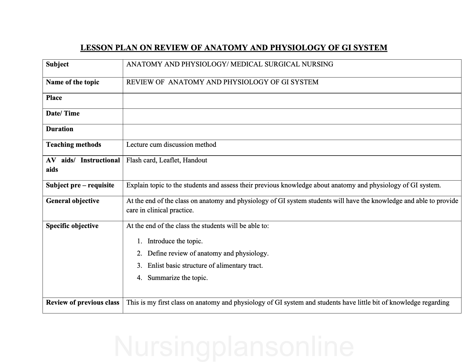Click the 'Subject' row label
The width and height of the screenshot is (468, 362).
pyautogui.click(x=57, y=64)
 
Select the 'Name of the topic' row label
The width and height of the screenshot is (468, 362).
pyautogui.click(x=73, y=82)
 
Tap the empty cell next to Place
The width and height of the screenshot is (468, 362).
pyautogui.click(x=292, y=101)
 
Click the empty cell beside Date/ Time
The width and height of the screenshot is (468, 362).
pyautogui.click(x=292, y=116)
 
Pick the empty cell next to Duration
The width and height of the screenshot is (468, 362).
pyautogui.click(x=292, y=132)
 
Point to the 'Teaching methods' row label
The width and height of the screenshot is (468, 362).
pyautogui.click(x=73, y=145)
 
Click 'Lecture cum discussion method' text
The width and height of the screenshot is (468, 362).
pyautogui.click(x=171, y=145)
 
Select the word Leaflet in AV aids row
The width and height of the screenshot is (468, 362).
pyautogui.click(x=169, y=160)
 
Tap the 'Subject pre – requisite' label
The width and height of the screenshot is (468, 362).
pyautogui.click(x=80, y=185)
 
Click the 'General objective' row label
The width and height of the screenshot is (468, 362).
pyautogui.click(x=73, y=201)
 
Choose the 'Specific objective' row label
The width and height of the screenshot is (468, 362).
pyautogui.click(x=72, y=226)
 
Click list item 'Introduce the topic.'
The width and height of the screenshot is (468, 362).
pyautogui.click(x=175, y=241)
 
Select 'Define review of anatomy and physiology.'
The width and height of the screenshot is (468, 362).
pyautogui.click(x=208, y=254)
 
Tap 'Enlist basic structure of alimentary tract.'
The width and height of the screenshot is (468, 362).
pyautogui.click(x=205, y=266)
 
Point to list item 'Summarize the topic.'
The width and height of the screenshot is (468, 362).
pyautogui.click(x=178, y=278)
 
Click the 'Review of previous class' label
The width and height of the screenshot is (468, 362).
pyautogui.click(x=83, y=303)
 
